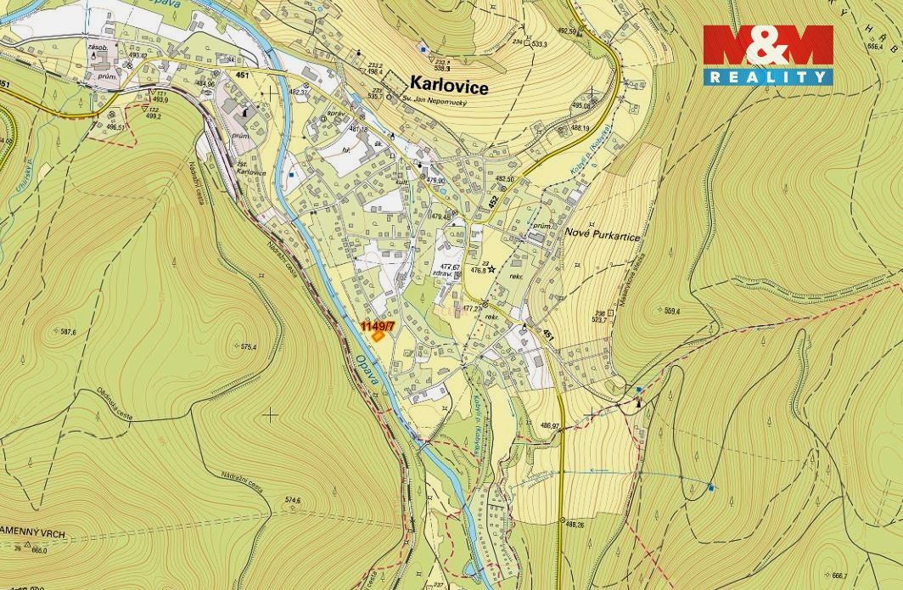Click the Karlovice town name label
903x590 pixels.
449,83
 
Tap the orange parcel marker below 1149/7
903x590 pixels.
378,335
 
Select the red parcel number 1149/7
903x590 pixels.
378,326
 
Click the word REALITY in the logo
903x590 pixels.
768,77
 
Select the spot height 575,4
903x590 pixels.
246,346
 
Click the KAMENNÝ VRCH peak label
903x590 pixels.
32,536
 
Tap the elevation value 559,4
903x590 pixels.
672,312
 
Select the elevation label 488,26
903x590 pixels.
575,525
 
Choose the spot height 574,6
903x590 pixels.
290,500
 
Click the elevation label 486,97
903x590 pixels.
549,425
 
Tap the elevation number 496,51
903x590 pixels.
115,127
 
